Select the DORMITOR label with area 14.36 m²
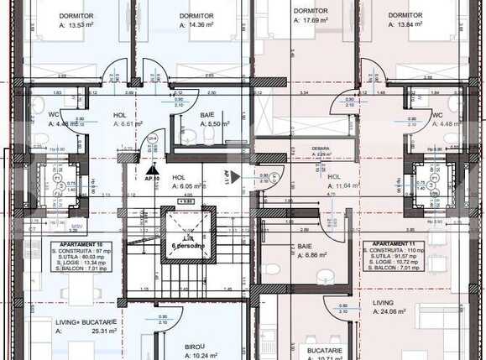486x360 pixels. [x=196, y=16]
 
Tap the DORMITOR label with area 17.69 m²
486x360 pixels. [x=310, y=12]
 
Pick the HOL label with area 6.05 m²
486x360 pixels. [x=178, y=178]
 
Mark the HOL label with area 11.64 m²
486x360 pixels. [x=334, y=176]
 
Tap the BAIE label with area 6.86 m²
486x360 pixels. [x=304, y=245]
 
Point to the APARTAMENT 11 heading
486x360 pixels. [x=387, y=245]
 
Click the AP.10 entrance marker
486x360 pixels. [x=152, y=179]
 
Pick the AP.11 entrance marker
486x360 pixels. [x=227, y=177]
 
